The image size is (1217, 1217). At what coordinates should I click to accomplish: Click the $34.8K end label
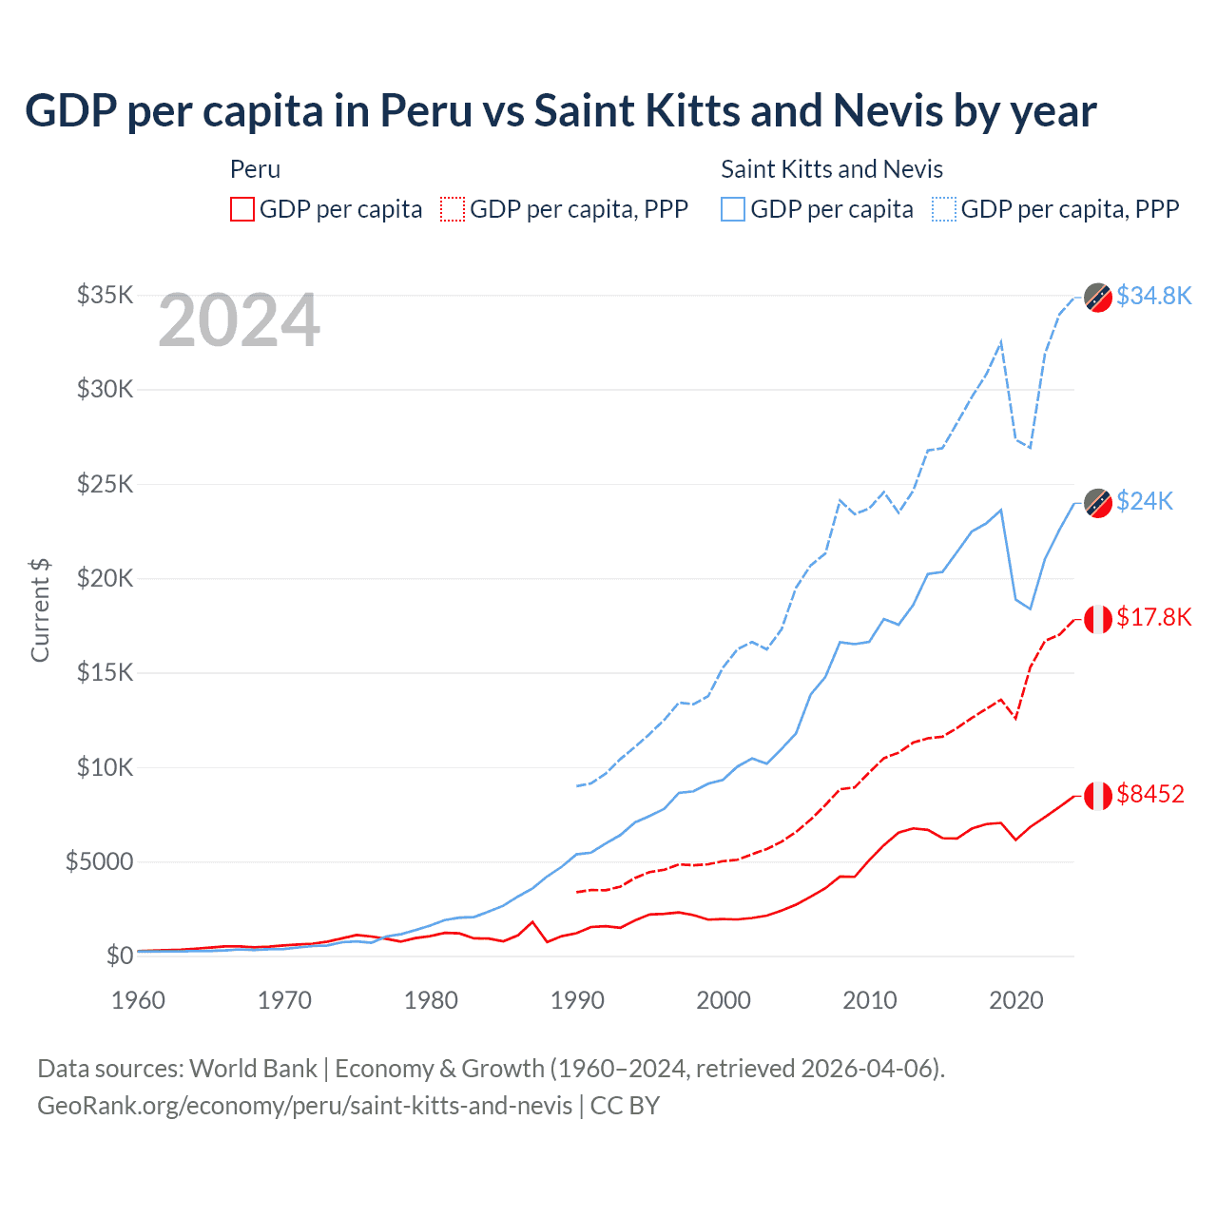[1153, 296]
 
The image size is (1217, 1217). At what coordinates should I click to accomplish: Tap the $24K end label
[1145, 501]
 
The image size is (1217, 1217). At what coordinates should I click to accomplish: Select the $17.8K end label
[1153, 617]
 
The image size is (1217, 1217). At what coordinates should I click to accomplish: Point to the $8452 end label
[1150, 794]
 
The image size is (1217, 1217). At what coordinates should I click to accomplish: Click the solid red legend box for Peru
[242, 209]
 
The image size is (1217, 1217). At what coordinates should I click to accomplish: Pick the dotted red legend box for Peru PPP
[453, 209]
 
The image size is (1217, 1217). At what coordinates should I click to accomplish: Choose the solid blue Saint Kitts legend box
[733, 209]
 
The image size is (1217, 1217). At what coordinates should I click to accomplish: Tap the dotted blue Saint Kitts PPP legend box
[944, 209]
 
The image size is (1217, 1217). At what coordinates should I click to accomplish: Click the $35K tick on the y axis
[106, 295]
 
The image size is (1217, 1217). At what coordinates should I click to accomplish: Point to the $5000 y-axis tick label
[100, 861]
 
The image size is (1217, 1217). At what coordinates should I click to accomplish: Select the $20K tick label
[106, 578]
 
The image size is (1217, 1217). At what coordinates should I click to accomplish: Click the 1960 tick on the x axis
[139, 1000]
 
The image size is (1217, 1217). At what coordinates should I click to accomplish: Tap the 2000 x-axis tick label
[724, 1000]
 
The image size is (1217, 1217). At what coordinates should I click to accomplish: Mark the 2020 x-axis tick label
[1016, 1000]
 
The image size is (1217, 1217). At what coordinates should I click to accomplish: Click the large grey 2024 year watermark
[239, 320]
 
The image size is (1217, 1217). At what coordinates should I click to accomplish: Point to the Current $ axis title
[40, 610]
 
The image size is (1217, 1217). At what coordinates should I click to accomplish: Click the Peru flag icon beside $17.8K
[1098, 618]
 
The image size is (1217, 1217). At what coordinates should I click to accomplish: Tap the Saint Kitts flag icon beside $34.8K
[1098, 297]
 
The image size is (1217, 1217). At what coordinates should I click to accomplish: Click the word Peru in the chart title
[426, 110]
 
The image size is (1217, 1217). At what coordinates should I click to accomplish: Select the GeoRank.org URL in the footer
[304, 1106]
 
